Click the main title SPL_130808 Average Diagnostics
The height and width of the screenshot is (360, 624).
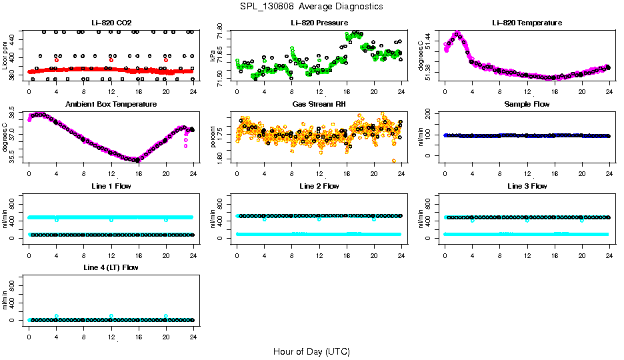(312, 7)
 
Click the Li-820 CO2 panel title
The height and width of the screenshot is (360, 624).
(111, 23)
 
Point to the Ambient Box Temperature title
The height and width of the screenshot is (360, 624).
(111, 105)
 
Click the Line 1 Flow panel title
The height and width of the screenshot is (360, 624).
(111, 187)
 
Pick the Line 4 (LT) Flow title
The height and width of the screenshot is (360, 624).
(111, 268)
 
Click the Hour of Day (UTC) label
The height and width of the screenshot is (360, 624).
(311, 351)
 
